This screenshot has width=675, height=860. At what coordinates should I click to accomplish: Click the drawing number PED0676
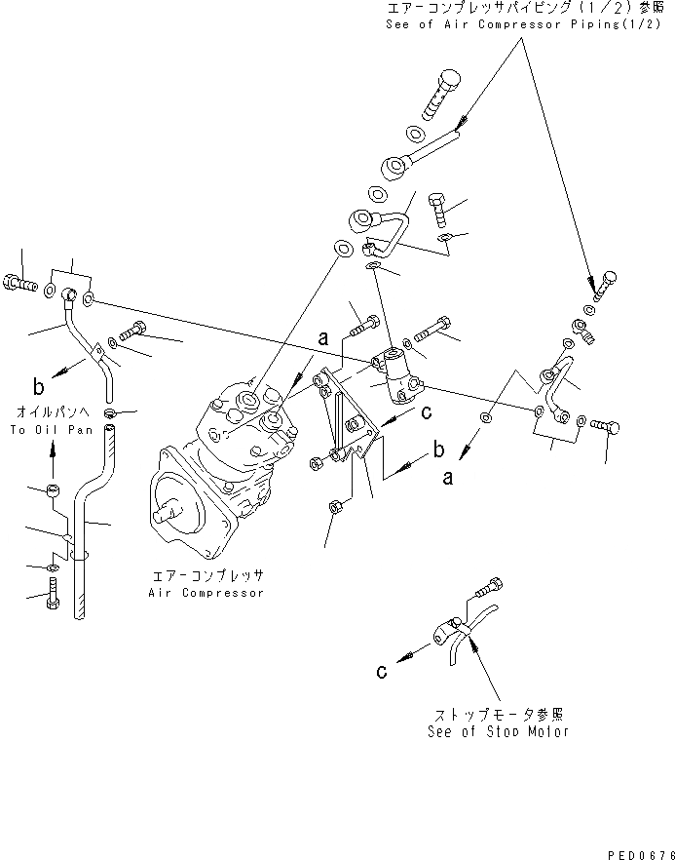tap(635, 852)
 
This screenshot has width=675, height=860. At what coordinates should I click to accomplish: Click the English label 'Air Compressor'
tap(206, 593)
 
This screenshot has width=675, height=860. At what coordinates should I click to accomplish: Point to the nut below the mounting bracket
tap(333, 507)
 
